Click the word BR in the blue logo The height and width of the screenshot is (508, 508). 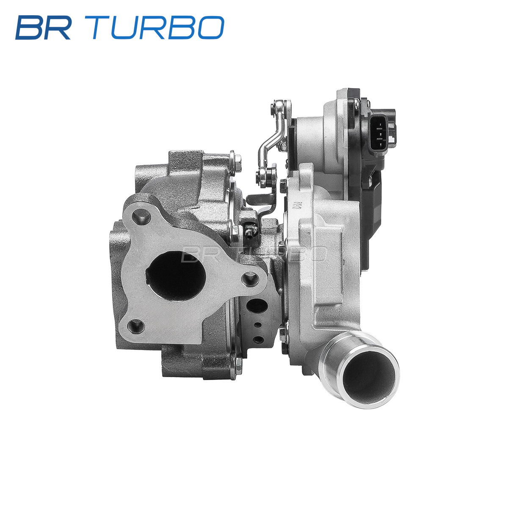[x=43, y=28]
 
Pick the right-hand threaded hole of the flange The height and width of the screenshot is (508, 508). [x=250, y=279]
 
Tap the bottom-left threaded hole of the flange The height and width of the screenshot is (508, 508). [x=136, y=326]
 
